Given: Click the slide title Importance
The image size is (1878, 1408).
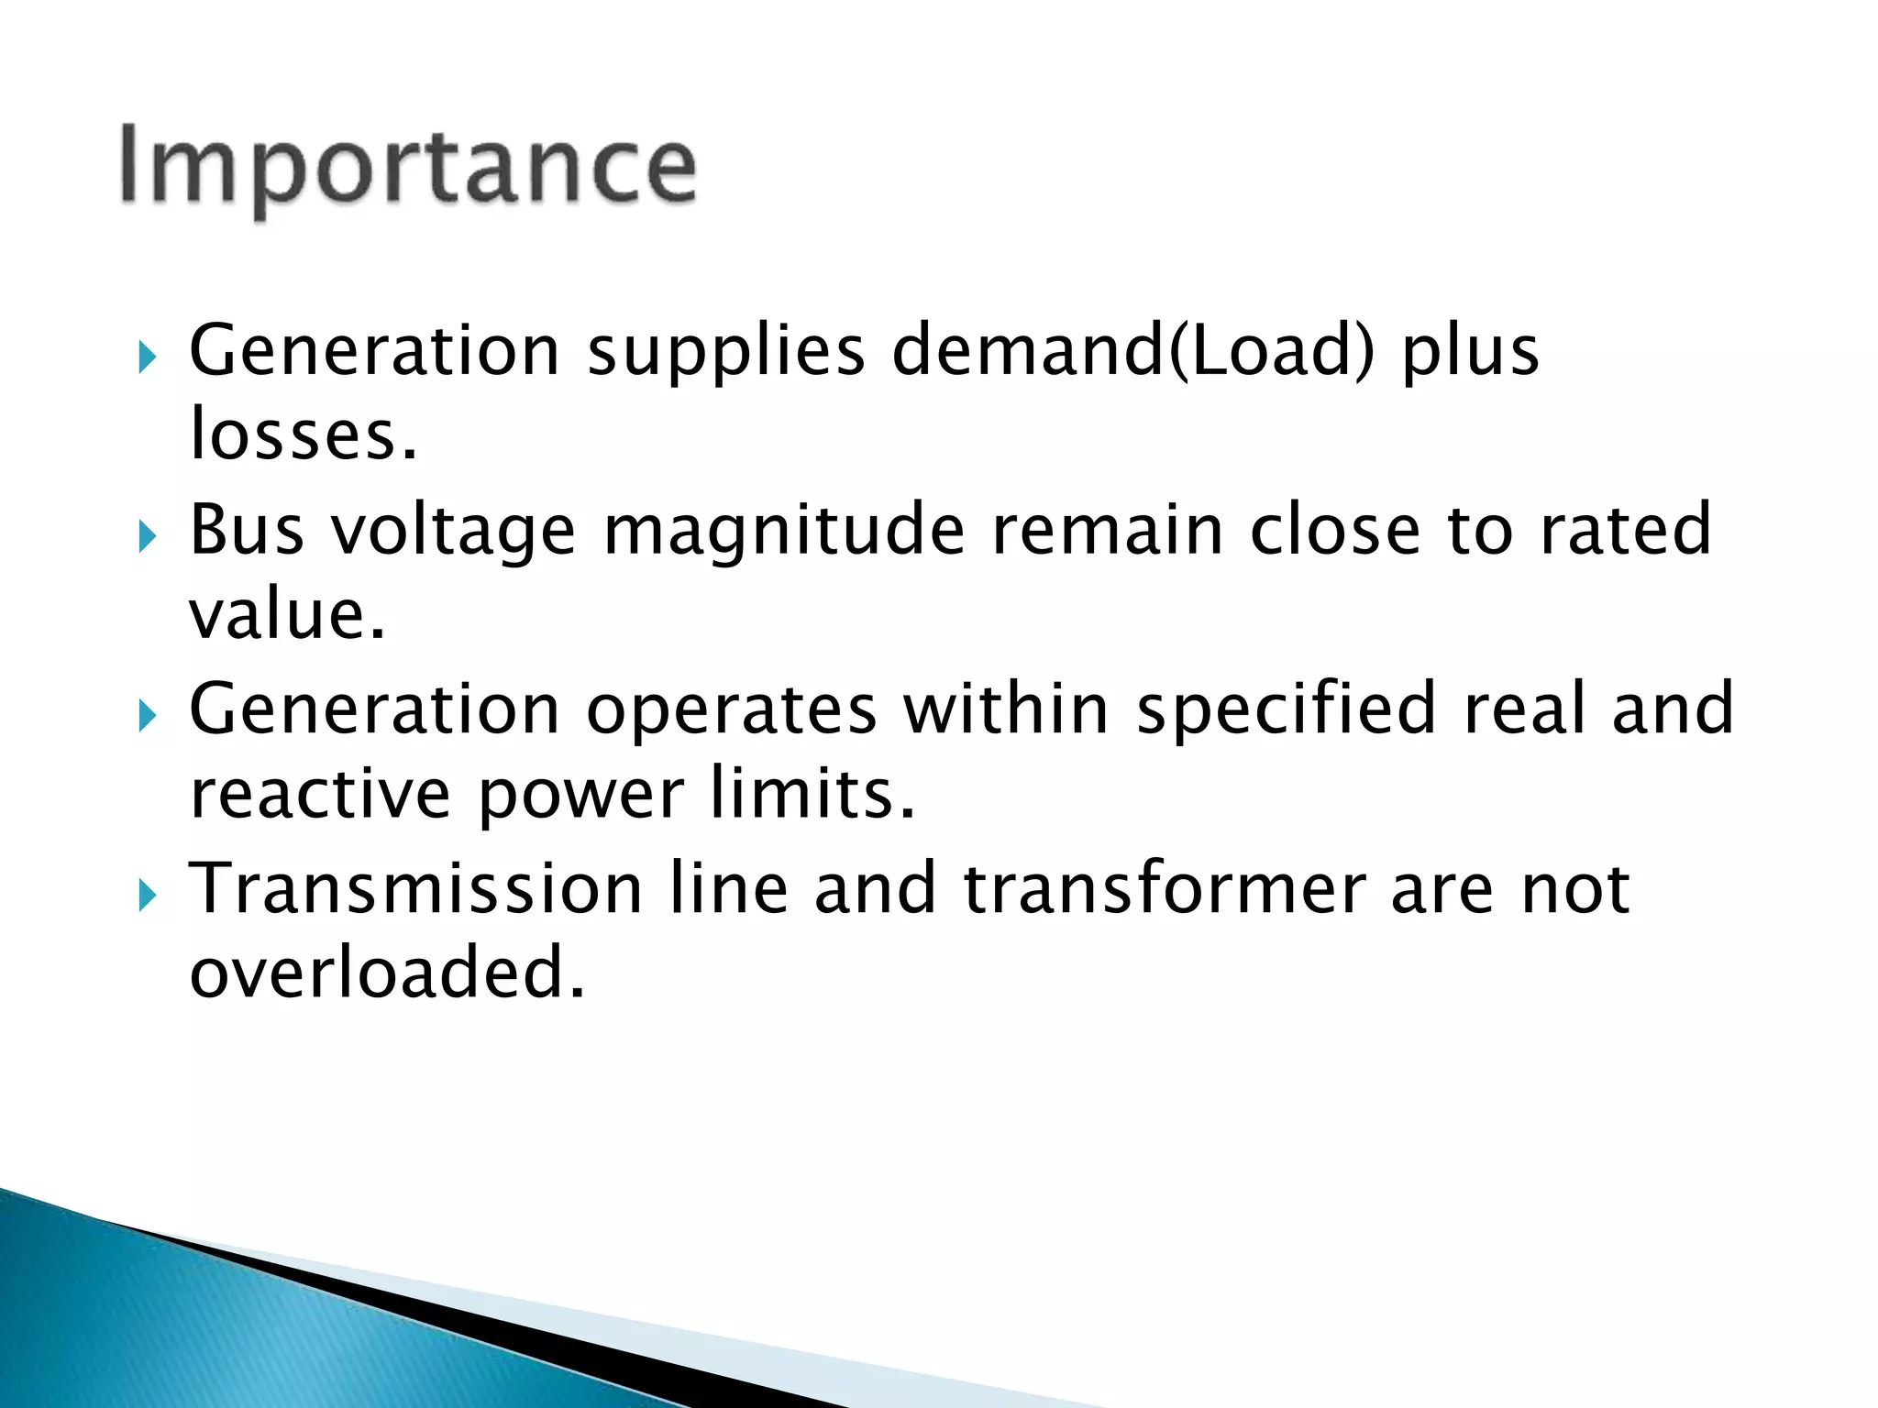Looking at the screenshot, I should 407,167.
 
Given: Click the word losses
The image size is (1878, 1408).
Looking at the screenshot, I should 304,434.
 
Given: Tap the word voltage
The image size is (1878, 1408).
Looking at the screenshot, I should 453,532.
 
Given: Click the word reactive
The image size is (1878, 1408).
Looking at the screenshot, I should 320,793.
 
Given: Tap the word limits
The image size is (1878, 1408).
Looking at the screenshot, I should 812,793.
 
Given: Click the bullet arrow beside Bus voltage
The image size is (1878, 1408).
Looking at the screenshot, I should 148,536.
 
